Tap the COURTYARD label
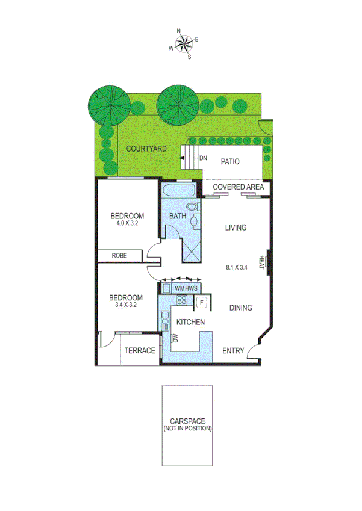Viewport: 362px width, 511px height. coord(146,148)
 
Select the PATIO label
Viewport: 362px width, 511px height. coord(230,161)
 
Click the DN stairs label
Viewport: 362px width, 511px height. coord(203,158)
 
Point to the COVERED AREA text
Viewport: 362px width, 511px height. coord(239,187)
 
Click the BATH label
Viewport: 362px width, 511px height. coord(177,215)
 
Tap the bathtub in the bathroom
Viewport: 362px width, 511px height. coord(178,192)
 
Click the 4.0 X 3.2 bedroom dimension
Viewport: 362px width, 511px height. coord(127,223)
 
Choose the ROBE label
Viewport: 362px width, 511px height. coord(119,256)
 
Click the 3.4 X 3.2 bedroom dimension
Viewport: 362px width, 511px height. coord(125,305)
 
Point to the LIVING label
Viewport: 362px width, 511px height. coord(236,227)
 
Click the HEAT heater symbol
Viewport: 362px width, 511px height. coord(263,262)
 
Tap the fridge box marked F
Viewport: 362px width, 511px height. coord(202,303)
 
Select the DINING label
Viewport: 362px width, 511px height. coord(240,308)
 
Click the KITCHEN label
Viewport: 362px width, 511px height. coord(190,322)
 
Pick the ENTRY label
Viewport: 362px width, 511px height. coord(233,351)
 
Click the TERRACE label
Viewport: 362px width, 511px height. coord(140,350)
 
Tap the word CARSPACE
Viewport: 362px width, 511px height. coord(187,421)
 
